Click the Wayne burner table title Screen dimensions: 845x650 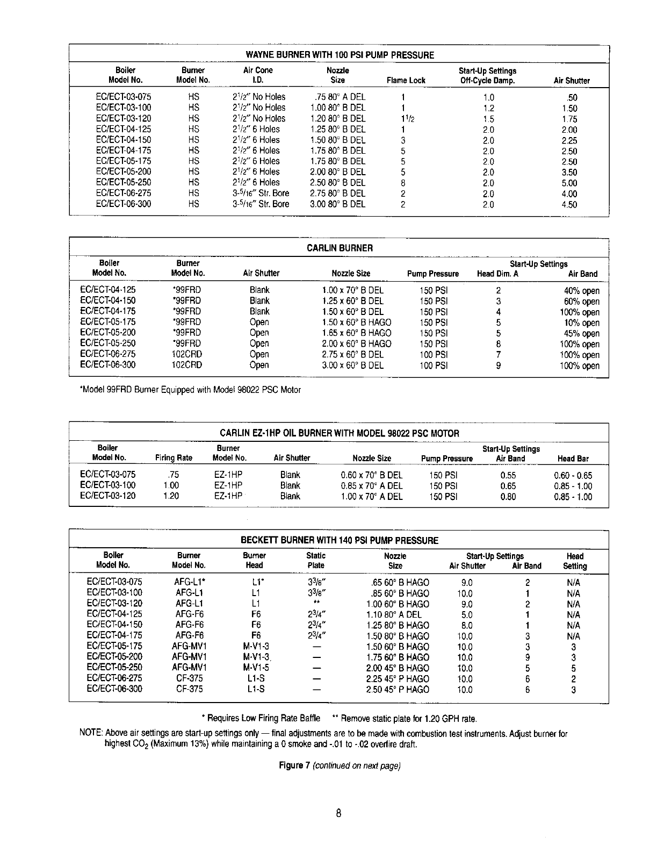(340, 55)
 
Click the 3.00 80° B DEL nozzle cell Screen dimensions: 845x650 (337, 204)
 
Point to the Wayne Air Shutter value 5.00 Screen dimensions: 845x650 (569, 183)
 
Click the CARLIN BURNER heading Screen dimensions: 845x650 (340, 248)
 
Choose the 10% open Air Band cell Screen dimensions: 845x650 (582, 323)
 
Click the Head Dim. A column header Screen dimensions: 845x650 (497, 274)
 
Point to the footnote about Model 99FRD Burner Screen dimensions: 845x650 (190, 390)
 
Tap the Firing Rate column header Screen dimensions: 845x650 (174, 458)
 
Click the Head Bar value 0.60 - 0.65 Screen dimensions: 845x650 (573, 475)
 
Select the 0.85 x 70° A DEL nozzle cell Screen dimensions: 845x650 (371, 486)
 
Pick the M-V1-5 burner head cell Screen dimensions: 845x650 (256, 668)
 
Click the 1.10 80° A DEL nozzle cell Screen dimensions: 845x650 (394, 614)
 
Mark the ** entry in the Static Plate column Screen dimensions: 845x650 (316, 604)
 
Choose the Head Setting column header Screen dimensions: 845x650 (575, 561)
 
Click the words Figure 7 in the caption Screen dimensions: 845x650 (293, 765)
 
